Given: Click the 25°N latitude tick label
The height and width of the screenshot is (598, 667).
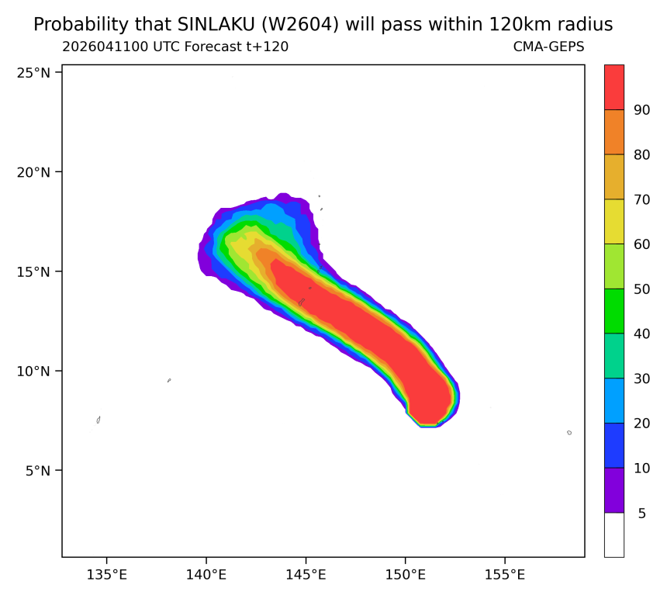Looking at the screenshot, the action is pyautogui.click(x=33, y=73).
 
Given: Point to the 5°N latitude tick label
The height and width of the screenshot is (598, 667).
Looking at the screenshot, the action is pyautogui.click(x=37, y=471).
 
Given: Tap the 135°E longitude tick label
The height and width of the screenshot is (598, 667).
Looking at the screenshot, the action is pyautogui.click(x=107, y=575).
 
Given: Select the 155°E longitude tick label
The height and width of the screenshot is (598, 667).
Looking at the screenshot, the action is pyautogui.click(x=505, y=575).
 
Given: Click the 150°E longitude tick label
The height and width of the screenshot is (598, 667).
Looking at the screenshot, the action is pyautogui.click(x=406, y=575).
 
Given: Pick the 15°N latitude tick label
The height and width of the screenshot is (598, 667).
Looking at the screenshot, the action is pyautogui.click(x=33, y=271).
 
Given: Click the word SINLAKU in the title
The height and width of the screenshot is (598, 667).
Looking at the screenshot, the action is pyautogui.click(x=216, y=25).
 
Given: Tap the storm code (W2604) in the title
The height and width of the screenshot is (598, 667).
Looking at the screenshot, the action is pyautogui.click(x=300, y=25).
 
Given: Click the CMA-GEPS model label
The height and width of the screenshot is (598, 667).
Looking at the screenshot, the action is pyautogui.click(x=549, y=47).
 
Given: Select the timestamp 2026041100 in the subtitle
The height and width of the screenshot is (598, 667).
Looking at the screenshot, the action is pyautogui.click(x=105, y=47).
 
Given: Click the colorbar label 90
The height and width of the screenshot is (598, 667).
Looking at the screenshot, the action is pyautogui.click(x=642, y=110).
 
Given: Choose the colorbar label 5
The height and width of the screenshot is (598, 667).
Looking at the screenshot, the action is pyautogui.click(x=642, y=513).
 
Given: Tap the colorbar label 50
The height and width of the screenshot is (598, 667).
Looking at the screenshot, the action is pyautogui.click(x=642, y=289).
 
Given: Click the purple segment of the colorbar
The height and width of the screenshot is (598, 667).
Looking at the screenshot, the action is pyautogui.click(x=614, y=490).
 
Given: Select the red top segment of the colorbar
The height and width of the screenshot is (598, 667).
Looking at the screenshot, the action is pyautogui.click(x=614, y=87).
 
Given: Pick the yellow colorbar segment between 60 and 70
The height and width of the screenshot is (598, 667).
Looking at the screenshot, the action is pyautogui.click(x=614, y=222).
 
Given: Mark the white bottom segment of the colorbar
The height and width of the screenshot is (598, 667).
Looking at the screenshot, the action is pyautogui.click(x=614, y=535).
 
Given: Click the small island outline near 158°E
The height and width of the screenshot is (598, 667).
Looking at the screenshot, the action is pyautogui.click(x=569, y=433).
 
